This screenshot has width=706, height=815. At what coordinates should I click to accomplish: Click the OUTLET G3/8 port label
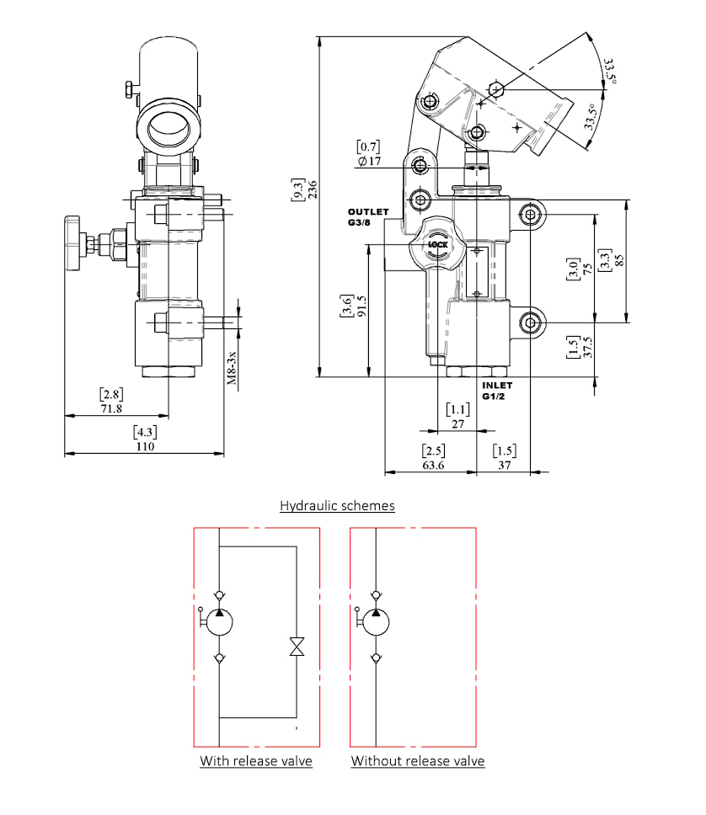coord(368,216)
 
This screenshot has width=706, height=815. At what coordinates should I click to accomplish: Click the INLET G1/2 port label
coord(497,391)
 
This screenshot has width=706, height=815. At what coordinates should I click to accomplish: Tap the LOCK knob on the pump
coord(437,244)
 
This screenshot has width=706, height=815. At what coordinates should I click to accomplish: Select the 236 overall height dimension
coord(313,189)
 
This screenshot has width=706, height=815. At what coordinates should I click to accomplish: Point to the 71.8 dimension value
coord(111,408)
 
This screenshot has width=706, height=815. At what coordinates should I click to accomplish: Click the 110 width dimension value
coord(145,446)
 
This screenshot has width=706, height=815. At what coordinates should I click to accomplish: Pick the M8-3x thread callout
coord(232,368)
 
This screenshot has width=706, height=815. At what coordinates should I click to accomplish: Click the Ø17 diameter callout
coord(369,161)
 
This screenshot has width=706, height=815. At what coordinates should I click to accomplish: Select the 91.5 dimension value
coord(361,306)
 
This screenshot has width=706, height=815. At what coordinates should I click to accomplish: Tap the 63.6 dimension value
coord(433,466)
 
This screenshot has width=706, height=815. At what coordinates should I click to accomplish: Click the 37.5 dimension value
coord(587,347)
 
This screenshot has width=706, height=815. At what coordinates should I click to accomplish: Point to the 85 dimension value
coord(618,260)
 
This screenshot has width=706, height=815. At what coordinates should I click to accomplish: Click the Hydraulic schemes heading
coord(337,505)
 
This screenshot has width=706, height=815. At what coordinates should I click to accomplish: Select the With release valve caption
coord(256,761)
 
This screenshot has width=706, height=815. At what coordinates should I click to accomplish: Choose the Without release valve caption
coord(418,761)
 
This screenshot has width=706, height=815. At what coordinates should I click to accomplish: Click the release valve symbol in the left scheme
coord(297,647)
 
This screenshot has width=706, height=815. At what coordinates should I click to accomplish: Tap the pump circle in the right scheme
coord(376,622)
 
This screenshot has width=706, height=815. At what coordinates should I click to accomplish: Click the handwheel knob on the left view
coord(73,243)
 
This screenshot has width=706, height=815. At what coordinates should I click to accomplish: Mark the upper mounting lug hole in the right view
coord(530,214)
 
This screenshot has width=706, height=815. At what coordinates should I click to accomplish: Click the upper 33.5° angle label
coord(609,72)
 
